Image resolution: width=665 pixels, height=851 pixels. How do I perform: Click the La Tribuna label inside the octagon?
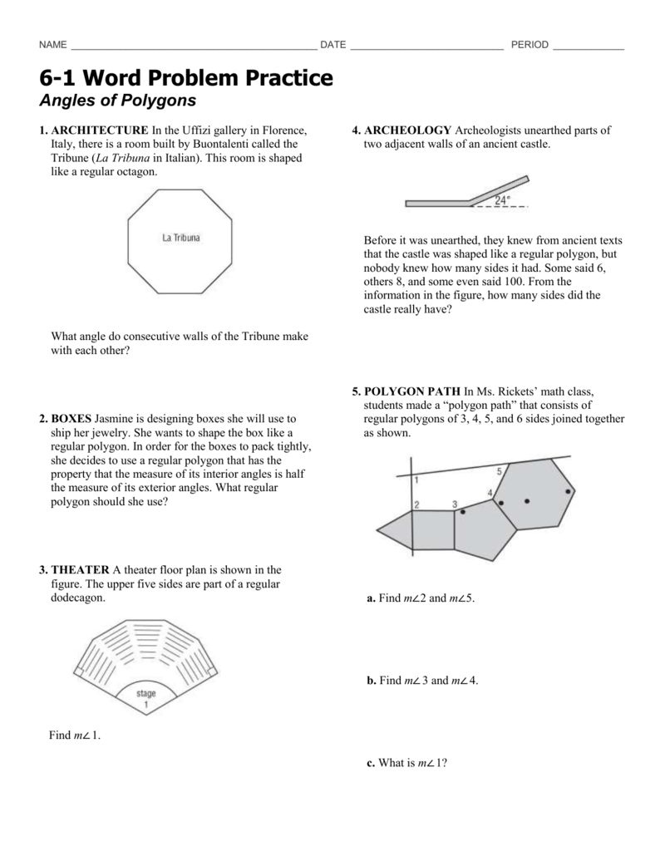tap(181, 239)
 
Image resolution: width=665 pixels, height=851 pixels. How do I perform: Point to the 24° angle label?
tap(503, 200)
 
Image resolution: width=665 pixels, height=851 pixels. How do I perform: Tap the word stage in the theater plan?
tap(146, 693)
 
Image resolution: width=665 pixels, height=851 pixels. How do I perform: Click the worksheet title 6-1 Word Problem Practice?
tap(186, 78)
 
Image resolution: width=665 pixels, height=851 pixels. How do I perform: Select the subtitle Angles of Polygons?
tap(117, 101)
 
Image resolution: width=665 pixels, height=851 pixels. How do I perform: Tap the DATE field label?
tap(333, 45)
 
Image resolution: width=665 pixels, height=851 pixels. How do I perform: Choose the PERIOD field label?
tap(530, 45)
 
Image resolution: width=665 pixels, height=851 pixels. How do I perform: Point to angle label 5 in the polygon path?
tap(499, 471)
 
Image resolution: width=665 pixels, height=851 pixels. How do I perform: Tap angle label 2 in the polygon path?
tap(416, 504)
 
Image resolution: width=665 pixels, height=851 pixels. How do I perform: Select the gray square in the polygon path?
tap(433, 529)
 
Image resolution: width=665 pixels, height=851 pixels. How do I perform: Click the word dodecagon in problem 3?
tap(78, 597)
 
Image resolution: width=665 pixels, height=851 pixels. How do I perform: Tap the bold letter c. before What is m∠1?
tap(370, 763)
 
